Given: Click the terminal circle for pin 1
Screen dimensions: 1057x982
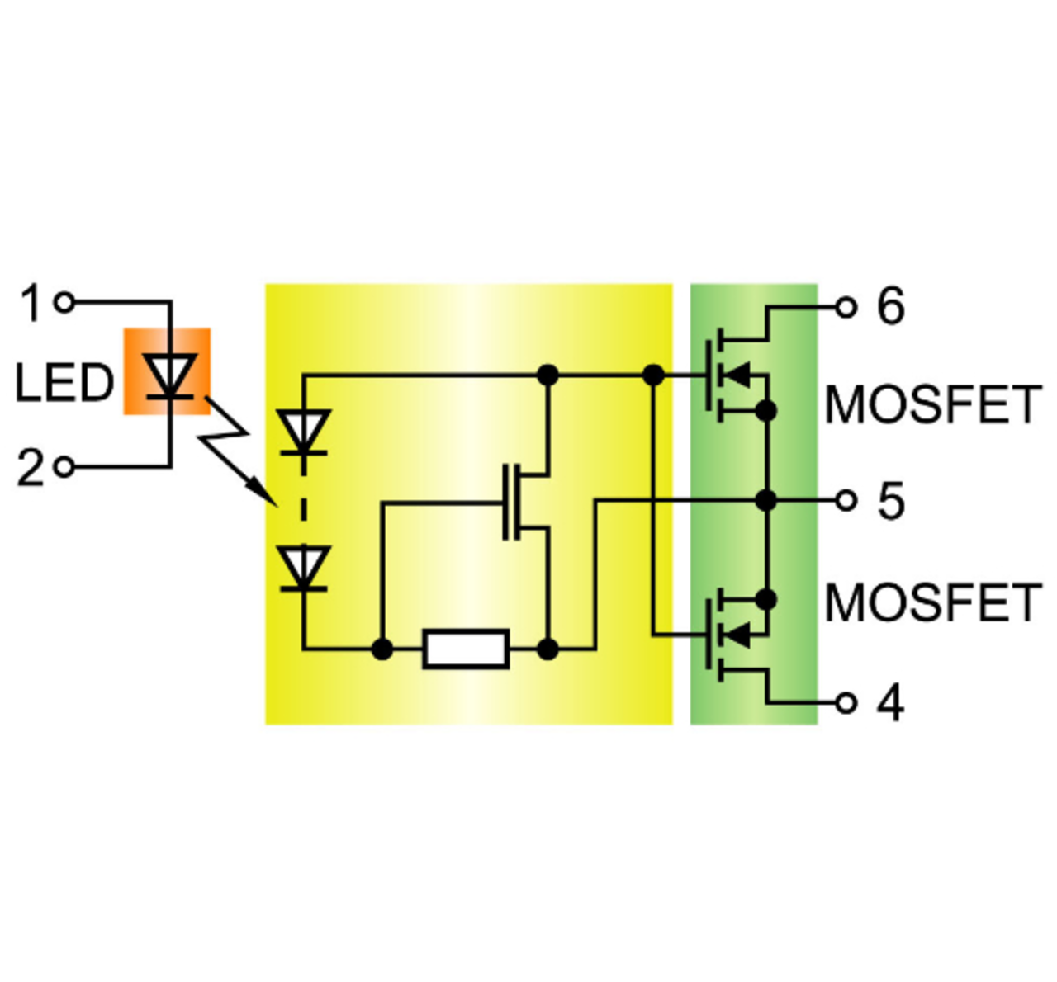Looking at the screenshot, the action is click(64, 303).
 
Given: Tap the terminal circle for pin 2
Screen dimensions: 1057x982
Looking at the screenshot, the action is click(64, 468).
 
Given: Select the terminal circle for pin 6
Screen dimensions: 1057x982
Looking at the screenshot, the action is click(846, 308).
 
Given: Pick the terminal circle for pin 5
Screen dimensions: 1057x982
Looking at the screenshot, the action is click(846, 501).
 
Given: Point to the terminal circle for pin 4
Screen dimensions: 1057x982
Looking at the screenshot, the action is click(846, 703).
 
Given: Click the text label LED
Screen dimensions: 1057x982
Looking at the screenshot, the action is click(64, 383).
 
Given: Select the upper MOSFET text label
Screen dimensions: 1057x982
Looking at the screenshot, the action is click(933, 404).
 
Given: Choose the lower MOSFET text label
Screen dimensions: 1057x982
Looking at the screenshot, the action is click(933, 602).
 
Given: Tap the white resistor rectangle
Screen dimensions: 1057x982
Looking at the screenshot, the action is click(467, 649).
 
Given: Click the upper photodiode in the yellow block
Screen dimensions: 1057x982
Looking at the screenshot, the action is click(304, 432).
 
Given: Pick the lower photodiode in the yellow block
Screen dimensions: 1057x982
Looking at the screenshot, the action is click(304, 569).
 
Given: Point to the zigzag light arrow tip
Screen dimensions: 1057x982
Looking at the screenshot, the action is click(277, 505).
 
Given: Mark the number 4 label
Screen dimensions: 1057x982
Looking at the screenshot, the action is click(891, 703).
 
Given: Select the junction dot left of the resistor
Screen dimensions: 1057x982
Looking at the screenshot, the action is click(382, 649).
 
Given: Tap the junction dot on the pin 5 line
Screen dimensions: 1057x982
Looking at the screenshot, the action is click(766, 501).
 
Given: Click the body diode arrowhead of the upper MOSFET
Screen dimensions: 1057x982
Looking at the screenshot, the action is click(739, 375).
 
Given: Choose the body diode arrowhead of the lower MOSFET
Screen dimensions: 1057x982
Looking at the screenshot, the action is click(739, 635).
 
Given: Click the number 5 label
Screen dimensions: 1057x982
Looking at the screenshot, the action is click(891, 501).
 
